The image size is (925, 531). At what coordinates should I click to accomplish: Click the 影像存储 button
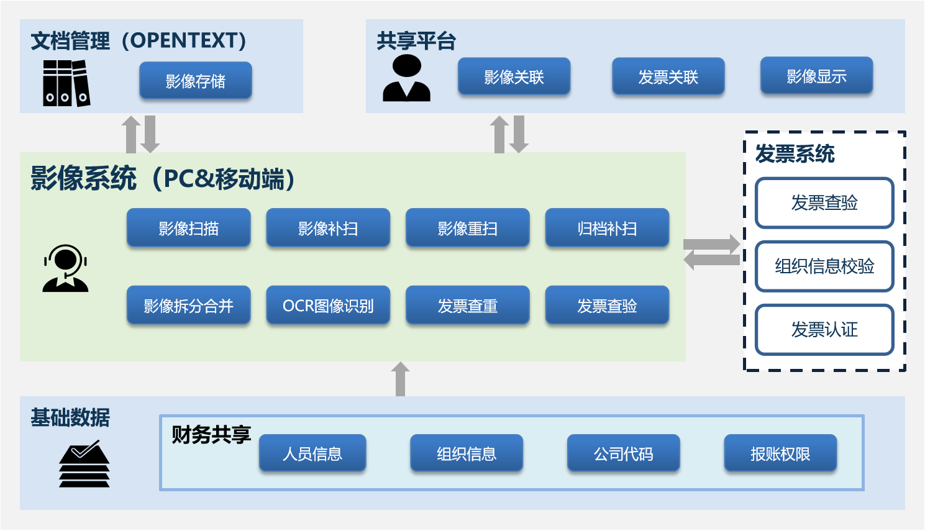pyautogui.click(x=196, y=81)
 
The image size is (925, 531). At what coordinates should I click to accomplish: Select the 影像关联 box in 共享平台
pyautogui.click(x=514, y=76)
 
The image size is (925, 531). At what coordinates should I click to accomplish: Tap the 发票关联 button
pyautogui.click(x=668, y=76)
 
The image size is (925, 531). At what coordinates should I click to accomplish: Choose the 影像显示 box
pyautogui.click(x=816, y=76)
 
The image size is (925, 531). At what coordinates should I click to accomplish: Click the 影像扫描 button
pyautogui.click(x=188, y=228)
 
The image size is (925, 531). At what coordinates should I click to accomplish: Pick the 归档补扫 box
pyautogui.click(x=607, y=228)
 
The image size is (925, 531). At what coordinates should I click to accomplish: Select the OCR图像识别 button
pyautogui.click(x=328, y=305)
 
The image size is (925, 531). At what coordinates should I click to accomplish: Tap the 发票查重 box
pyautogui.click(x=467, y=305)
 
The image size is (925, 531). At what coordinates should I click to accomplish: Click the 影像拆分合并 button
pyautogui.click(x=188, y=305)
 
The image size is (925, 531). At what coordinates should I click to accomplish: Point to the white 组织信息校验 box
pyautogui.click(x=824, y=266)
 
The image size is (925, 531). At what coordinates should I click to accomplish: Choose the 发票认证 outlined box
pyautogui.click(x=824, y=329)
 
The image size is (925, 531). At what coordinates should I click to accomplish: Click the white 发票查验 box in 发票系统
pyautogui.click(x=824, y=202)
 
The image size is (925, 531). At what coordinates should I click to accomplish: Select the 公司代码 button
pyautogui.click(x=623, y=453)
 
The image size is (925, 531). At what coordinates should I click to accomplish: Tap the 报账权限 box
pyautogui.click(x=780, y=453)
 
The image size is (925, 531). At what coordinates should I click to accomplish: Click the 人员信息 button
pyautogui.click(x=312, y=453)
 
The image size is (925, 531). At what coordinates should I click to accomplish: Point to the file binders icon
pyautogui.click(x=66, y=83)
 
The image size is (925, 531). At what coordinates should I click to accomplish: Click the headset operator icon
pyautogui.click(x=65, y=268)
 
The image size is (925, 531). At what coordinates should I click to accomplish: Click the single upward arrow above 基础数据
pyautogui.click(x=401, y=378)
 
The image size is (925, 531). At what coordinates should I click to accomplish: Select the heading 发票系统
pyautogui.click(x=795, y=153)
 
